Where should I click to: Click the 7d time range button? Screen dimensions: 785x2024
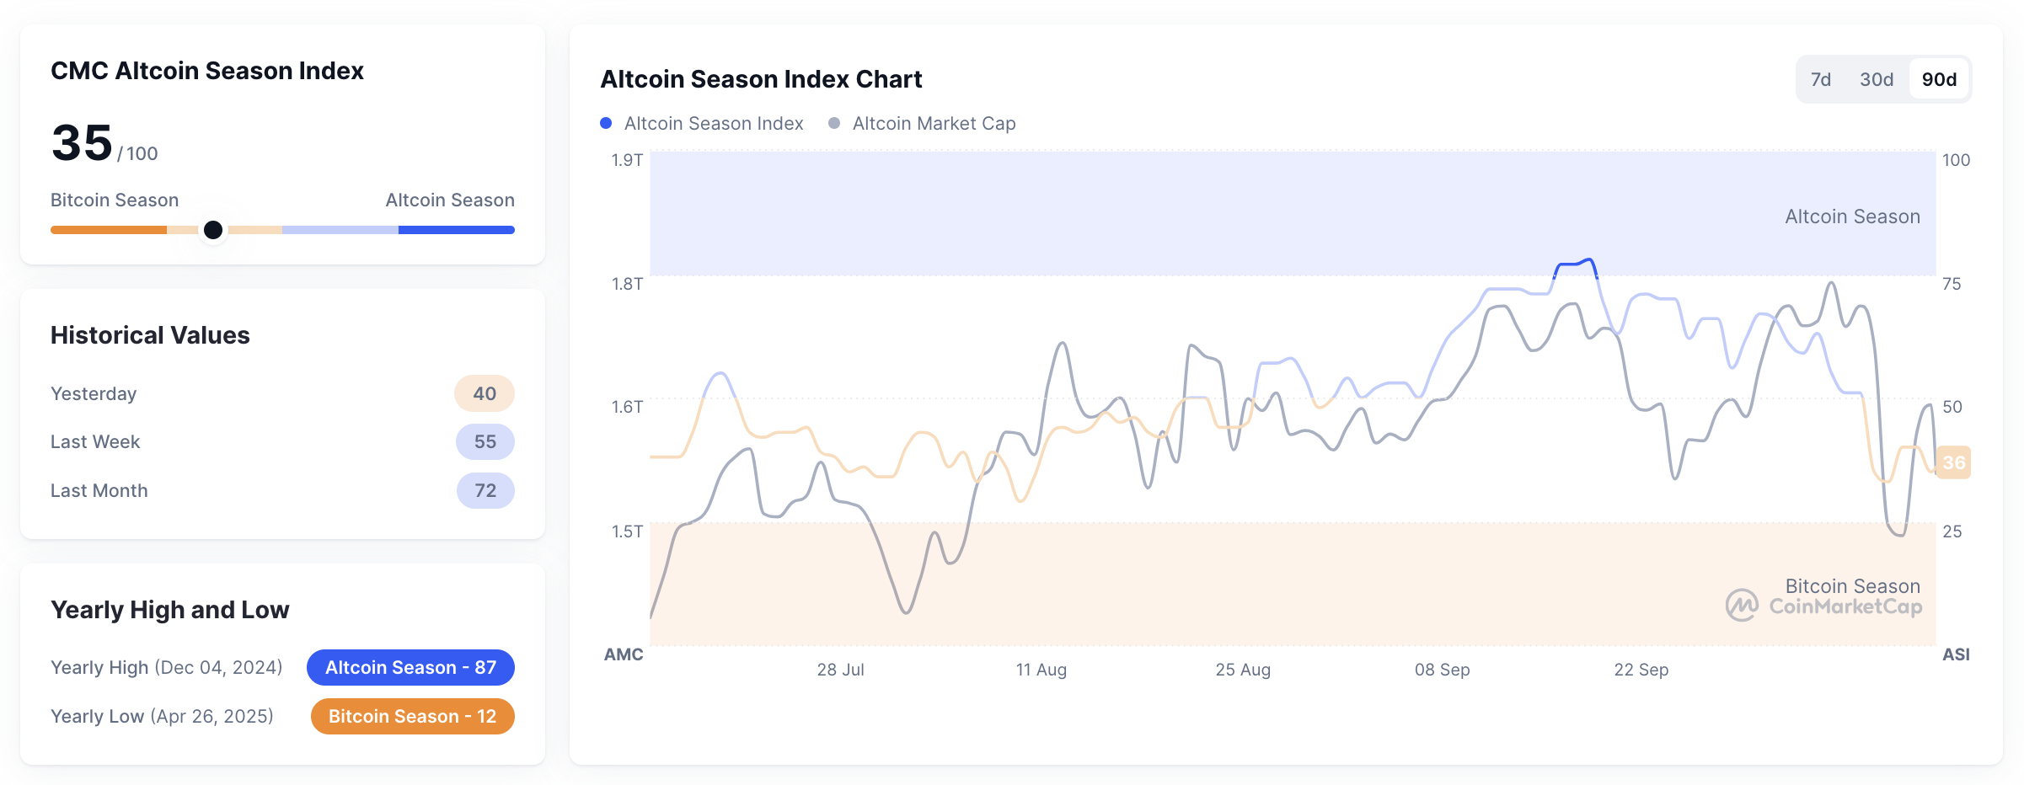click(1821, 79)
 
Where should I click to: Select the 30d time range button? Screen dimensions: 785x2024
click(1877, 79)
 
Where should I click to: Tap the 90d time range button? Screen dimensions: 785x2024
click(1939, 79)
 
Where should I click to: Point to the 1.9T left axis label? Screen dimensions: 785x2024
click(627, 160)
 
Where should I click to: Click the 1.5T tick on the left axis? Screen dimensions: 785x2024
click(627, 531)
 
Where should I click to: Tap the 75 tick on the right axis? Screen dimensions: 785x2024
click(1952, 284)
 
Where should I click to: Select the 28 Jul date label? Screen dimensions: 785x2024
click(840, 670)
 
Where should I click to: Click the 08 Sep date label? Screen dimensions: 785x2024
click(1442, 670)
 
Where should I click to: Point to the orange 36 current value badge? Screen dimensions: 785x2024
click(1953, 462)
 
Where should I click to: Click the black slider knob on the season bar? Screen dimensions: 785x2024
click(213, 230)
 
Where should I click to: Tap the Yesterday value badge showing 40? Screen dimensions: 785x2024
click(485, 393)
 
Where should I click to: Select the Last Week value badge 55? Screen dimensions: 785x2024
click(485, 441)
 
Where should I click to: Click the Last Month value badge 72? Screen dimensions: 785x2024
click(485, 490)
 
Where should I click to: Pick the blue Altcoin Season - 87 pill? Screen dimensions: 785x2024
click(410, 667)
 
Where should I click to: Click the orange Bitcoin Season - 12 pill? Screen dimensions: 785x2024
click(412, 716)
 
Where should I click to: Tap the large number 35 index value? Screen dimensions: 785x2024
click(82, 142)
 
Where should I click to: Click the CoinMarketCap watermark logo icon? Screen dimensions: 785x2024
click(1742, 605)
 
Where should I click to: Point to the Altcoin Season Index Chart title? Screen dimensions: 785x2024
click(761, 79)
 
